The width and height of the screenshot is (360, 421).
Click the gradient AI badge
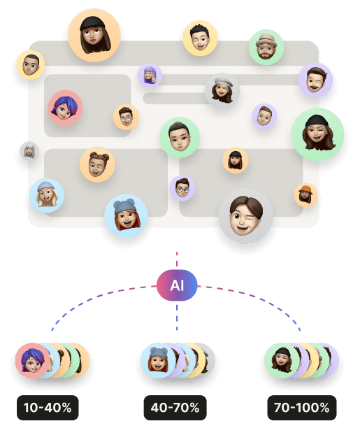point(177,285)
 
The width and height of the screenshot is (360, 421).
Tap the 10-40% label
point(48,407)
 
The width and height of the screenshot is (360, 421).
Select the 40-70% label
point(175,407)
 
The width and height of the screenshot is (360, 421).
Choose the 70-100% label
point(302,407)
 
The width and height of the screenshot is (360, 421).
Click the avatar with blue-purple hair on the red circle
point(65,108)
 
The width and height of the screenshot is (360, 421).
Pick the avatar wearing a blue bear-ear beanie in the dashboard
point(126,215)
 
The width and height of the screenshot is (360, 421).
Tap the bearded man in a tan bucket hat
point(266,47)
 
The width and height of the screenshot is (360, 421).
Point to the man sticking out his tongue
point(200,38)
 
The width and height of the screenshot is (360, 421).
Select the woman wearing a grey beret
point(222,90)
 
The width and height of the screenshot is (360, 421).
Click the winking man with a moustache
point(315,80)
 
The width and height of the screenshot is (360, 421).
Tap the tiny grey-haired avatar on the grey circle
point(29,151)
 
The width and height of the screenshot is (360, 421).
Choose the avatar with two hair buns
point(97,164)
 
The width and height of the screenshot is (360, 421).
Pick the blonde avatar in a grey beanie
point(47,195)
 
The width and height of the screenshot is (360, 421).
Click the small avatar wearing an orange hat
point(305,195)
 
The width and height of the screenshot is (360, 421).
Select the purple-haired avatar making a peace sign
point(150,76)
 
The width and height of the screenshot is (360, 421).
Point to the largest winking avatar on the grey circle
point(245,216)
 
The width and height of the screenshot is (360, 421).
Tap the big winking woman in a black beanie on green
point(317,134)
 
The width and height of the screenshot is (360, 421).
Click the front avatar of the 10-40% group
point(33,361)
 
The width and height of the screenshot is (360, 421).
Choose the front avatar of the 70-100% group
point(282,361)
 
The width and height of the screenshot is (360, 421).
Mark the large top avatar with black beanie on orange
point(94,35)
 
